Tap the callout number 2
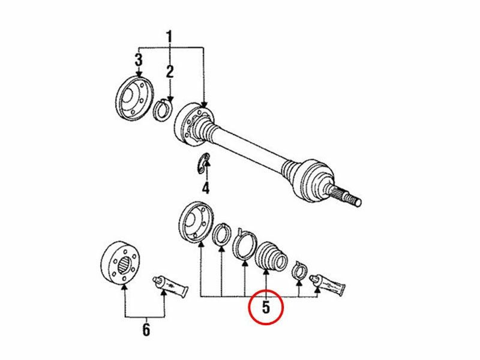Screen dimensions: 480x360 (x=170, y=71)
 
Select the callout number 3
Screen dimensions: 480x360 (x=139, y=59)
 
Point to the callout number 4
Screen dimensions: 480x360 (x=206, y=187)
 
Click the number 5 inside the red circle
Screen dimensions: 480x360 (x=266, y=307)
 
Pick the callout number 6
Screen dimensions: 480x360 (x=146, y=329)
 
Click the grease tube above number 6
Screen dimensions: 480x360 (x=170, y=286)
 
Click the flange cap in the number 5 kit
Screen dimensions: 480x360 (x=196, y=223)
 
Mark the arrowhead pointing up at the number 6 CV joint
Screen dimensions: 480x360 (x=124, y=287)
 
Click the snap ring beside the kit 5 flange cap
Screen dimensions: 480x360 (x=222, y=235)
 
